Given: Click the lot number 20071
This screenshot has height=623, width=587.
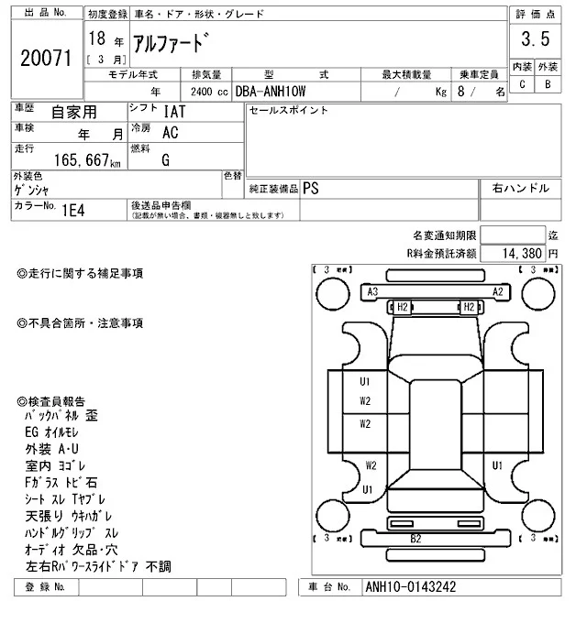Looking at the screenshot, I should point(46,57).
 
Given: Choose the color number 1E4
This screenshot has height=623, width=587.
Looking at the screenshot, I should point(73,209).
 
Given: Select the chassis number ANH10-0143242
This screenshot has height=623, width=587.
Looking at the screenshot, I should point(409,587).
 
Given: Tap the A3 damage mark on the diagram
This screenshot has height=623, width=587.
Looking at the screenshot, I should point(372,291).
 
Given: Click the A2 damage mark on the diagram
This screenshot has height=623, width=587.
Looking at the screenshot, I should point(498,291).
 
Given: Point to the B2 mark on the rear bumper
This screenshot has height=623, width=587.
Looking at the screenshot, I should point(415,538).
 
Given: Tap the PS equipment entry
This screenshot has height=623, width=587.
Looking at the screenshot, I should point(312,188).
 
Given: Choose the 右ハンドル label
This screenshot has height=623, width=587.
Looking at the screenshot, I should point(521,188).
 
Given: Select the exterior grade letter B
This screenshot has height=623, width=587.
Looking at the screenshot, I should point(548,84).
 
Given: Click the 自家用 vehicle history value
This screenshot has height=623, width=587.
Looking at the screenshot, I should point(73,112).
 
